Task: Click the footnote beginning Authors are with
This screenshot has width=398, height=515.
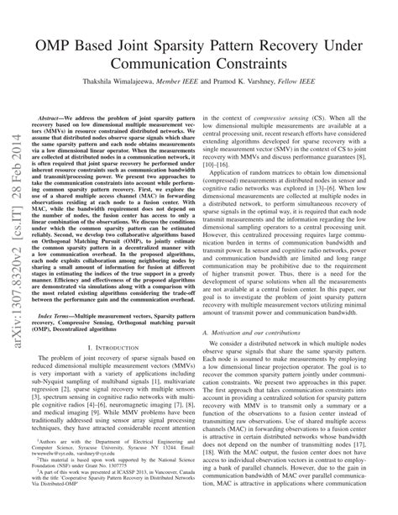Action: [117, 445]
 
